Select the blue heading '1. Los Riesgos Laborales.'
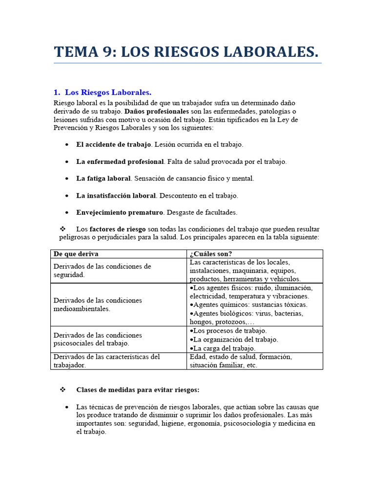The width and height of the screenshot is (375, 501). point(103,92)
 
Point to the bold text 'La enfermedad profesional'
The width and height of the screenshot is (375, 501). point(120,161)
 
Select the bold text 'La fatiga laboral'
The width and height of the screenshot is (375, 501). point(103,179)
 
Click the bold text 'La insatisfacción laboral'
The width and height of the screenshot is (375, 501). point(116,196)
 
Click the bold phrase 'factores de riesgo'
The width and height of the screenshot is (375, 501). point(118,229)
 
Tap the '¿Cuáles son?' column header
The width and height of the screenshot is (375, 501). point(210,254)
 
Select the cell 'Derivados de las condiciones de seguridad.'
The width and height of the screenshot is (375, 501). point(102,271)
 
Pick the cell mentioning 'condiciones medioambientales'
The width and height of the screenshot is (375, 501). point(97,304)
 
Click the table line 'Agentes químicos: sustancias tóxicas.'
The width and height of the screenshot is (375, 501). point(249,305)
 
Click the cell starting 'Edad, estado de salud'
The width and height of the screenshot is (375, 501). point(240,361)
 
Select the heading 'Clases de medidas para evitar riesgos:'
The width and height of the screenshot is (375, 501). point(138,390)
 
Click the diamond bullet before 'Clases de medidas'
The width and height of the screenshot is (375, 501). point(62,390)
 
